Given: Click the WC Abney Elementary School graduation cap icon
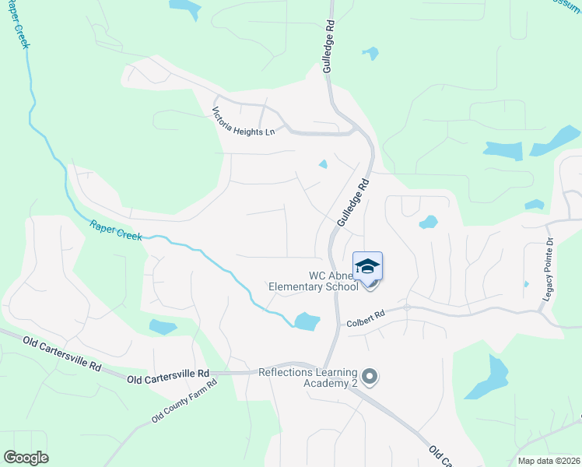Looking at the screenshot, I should click(368, 266).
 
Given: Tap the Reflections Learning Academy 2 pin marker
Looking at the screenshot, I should click(370, 377).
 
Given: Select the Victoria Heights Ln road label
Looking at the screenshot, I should click(244, 122).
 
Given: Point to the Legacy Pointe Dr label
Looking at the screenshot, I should click(549, 264).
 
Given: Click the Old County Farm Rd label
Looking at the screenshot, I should click(184, 402).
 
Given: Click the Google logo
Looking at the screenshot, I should click(26, 458).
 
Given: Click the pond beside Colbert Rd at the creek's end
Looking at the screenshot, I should click(307, 321).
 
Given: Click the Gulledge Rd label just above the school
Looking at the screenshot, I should click(352, 203).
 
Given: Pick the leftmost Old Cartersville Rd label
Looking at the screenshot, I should click(61, 353).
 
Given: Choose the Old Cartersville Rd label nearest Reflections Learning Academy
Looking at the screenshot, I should click(168, 376).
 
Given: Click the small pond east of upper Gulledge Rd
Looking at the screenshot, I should click(370, 54).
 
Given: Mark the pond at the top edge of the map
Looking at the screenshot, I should click(184, 7).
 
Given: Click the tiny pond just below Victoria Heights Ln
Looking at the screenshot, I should click(323, 163).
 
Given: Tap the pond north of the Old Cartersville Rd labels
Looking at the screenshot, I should click(163, 327).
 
